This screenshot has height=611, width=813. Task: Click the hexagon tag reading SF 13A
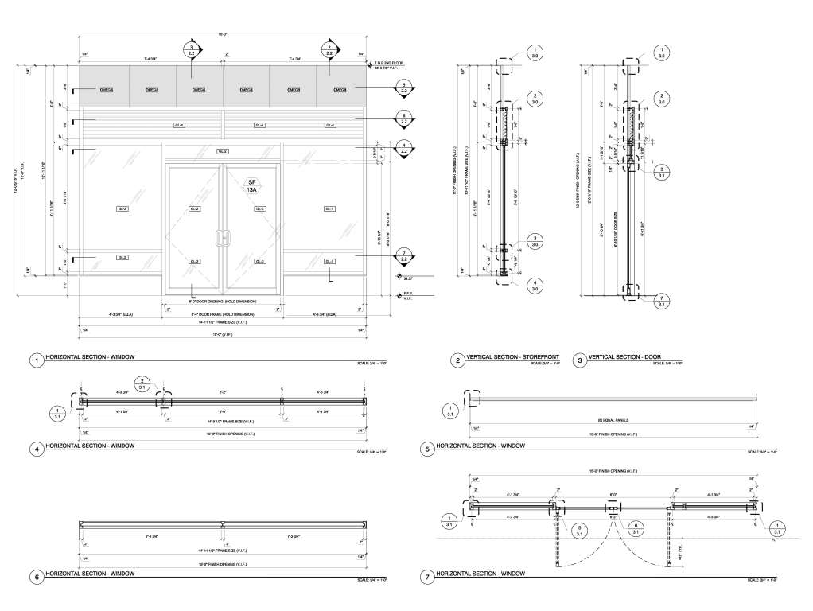point(251,186)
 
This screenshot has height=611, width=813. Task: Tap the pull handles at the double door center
point(223,237)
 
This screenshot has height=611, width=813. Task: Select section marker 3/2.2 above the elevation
point(192,52)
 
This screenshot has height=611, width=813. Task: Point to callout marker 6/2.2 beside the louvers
point(404,120)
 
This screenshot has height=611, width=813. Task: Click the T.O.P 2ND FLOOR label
point(391,63)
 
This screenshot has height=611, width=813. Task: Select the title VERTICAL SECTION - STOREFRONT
point(508,360)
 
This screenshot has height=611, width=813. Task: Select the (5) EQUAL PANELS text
point(614,420)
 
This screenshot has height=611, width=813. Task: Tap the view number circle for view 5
point(429,449)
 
